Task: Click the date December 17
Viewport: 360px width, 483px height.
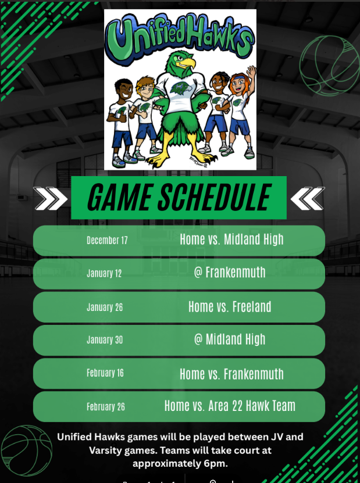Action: (x=107, y=240)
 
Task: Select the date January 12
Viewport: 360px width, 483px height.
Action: (x=105, y=273)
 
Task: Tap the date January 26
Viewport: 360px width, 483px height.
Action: (x=105, y=307)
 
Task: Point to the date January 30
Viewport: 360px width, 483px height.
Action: (x=105, y=340)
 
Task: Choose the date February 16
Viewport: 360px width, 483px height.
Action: (x=105, y=373)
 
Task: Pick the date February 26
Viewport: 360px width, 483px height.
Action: (x=106, y=407)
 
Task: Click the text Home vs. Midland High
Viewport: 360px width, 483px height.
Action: (x=231, y=239)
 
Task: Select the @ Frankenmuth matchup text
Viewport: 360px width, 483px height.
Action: (x=230, y=272)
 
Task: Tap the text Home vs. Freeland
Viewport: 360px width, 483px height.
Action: (x=230, y=306)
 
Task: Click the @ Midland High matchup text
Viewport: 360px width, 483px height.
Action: (x=230, y=339)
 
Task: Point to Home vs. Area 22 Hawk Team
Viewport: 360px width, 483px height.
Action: (x=230, y=406)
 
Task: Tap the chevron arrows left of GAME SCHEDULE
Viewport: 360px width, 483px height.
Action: (x=51, y=198)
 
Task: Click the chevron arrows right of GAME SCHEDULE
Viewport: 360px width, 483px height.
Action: (x=307, y=198)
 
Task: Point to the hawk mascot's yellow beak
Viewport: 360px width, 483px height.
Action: (x=187, y=61)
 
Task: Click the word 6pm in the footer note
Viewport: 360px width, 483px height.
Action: (x=213, y=463)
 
